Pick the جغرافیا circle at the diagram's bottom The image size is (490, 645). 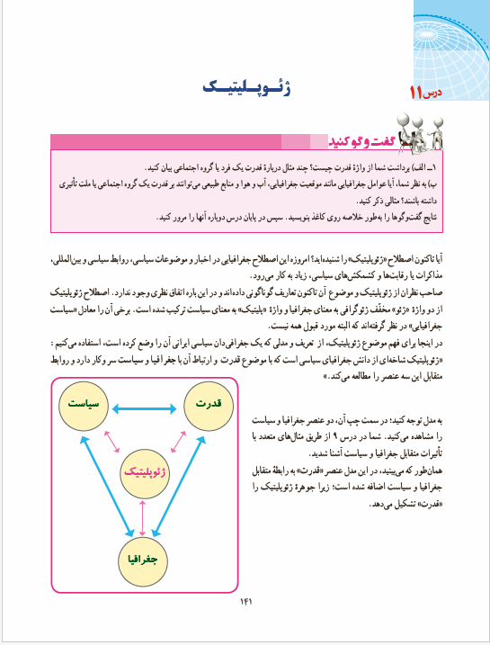pos(149,559)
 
